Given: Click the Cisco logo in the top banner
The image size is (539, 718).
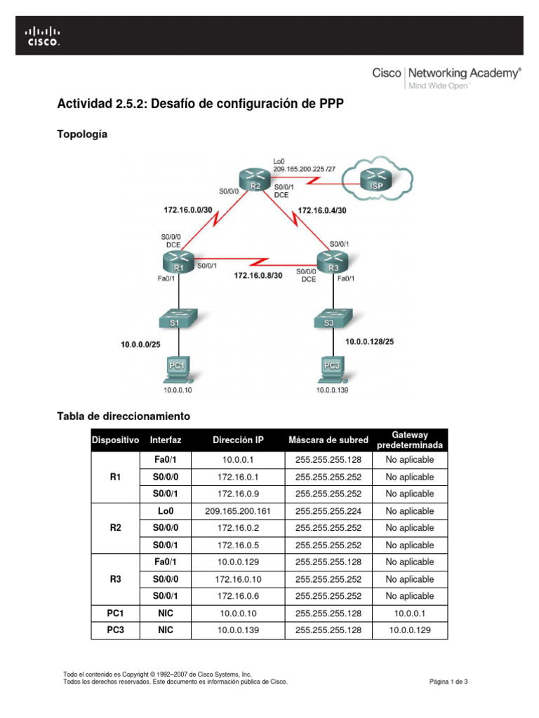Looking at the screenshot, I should tap(43, 36).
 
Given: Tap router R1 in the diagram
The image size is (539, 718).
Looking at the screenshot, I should tap(178, 264).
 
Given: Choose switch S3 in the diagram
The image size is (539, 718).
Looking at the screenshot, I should tap(330, 320).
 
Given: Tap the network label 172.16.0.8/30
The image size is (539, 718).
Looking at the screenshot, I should tap(258, 276).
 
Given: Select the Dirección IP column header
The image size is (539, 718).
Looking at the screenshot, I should tap(238, 440).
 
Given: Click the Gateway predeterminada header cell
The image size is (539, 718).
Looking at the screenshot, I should tap(410, 440).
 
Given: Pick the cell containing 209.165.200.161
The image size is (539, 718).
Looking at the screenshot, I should tap(238, 511).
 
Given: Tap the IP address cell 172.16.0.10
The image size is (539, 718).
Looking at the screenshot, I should tap(238, 579).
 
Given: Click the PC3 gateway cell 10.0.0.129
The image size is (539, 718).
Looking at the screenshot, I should tap(410, 630).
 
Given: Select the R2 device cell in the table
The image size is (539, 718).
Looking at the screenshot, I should tap(116, 528).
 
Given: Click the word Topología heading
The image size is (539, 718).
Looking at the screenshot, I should tap(82, 134).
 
